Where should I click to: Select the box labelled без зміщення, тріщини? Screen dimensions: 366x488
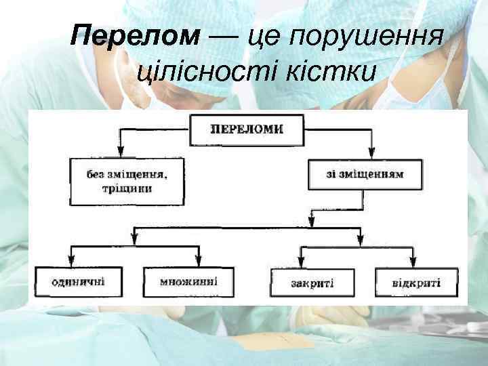(x=127, y=181)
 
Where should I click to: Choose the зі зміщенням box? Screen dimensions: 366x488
(x=365, y=174)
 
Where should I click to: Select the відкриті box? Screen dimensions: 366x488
(x=416, y=282)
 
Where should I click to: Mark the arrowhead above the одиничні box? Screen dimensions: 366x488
(x=73, y=261)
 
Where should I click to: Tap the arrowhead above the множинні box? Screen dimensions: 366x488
(x=198, y=261)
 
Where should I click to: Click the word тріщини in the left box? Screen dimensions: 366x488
(x=128, y=189)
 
